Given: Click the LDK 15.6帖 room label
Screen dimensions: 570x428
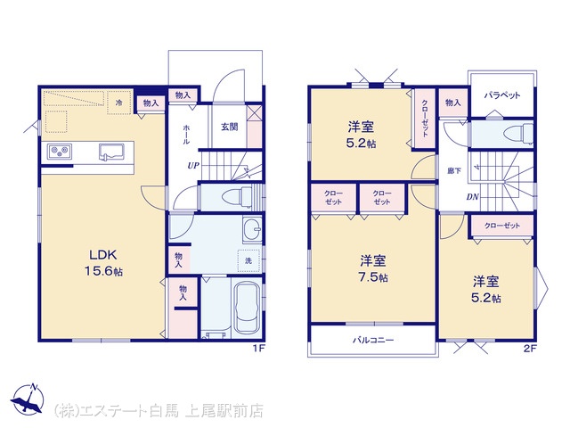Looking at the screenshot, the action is click(103, 263).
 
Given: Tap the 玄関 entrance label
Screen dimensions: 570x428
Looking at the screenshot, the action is click(230, 127).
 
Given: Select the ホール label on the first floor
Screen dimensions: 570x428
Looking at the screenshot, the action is click(186, 135).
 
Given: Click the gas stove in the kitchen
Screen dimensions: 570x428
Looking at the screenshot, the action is click(60, 151).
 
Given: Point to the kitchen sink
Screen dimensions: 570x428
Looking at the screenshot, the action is click(111, 152).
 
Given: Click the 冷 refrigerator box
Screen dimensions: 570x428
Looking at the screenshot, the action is click(118, 103).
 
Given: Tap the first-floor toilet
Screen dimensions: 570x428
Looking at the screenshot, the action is click(236, 197).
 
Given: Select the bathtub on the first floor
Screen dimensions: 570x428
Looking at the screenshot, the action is click(247, 309).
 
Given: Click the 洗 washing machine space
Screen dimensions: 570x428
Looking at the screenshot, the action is click(248, 260).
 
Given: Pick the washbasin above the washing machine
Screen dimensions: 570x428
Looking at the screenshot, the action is click(252, 230).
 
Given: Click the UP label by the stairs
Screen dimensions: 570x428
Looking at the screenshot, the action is click(193, 166).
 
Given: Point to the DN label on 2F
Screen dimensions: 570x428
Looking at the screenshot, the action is click(473, 197).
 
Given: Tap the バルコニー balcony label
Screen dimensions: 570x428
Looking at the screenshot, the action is click(373, 341).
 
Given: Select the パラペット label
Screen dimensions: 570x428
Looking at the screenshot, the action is click(502, 95).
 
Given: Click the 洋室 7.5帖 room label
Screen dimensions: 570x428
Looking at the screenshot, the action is click(373, 269).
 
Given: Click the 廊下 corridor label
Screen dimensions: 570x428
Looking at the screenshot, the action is click(454, 170).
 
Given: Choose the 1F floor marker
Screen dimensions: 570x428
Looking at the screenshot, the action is click(259, 349).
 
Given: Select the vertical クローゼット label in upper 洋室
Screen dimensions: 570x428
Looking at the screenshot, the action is click(425, 119).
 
